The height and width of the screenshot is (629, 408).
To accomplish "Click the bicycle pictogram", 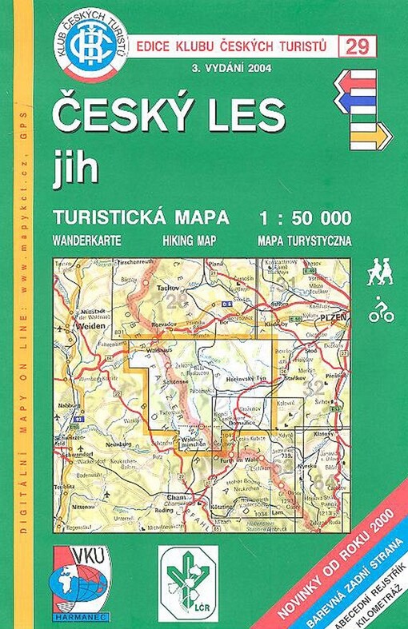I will (x=381, y=311).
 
